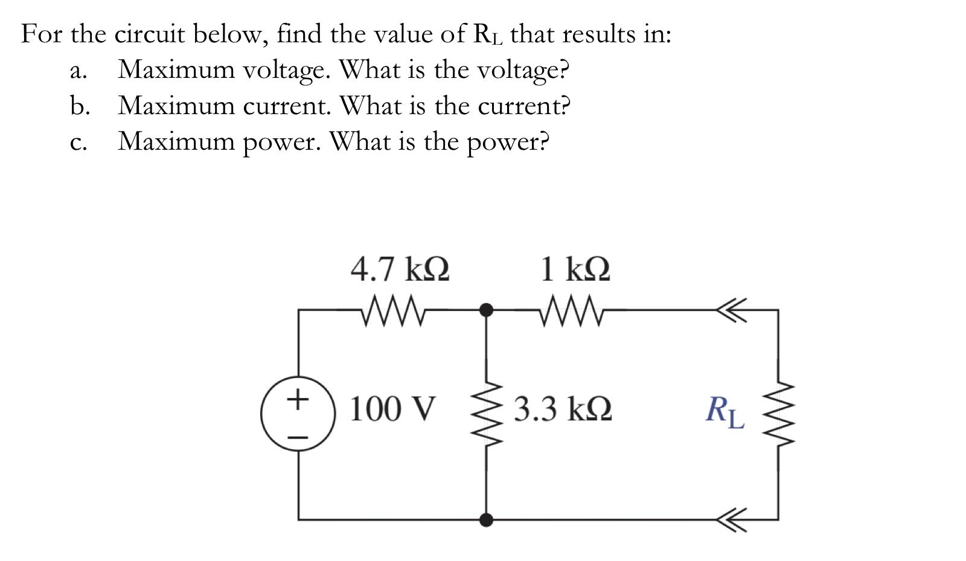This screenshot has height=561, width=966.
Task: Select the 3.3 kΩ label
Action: [563, 409]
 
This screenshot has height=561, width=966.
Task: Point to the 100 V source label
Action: [392, 409]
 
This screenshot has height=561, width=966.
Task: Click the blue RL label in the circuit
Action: [725, 411]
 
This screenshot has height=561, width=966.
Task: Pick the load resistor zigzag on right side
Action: [778, 414]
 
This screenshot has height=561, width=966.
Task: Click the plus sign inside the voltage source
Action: [296, 399]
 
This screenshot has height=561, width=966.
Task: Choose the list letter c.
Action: [76, 143]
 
